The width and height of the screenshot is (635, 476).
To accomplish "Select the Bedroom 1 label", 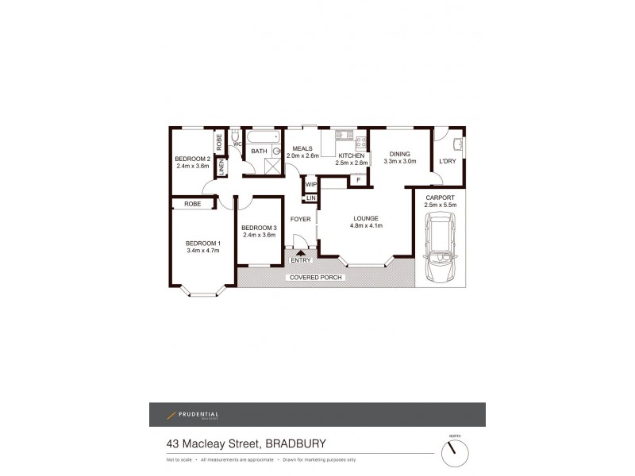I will coord(202,244).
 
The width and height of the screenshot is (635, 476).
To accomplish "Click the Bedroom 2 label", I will coord(191,159).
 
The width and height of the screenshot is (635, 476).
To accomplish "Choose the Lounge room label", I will coord(366,218).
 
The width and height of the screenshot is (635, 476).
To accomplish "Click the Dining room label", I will coord(399,154).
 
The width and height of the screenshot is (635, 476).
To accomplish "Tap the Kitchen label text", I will coord(351,155).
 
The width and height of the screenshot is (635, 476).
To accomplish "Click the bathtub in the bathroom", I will coord(262,137).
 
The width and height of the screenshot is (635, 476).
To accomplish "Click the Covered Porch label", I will coord(315,278).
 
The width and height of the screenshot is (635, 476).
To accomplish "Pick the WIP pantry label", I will coord(310,184).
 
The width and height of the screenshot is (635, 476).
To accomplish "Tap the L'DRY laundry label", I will coord(447,161).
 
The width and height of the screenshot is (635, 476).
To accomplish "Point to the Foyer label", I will coord(300,218).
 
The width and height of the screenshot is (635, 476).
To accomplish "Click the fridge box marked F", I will coord(359,180).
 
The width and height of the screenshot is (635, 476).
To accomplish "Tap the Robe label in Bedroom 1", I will coord(192,204).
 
